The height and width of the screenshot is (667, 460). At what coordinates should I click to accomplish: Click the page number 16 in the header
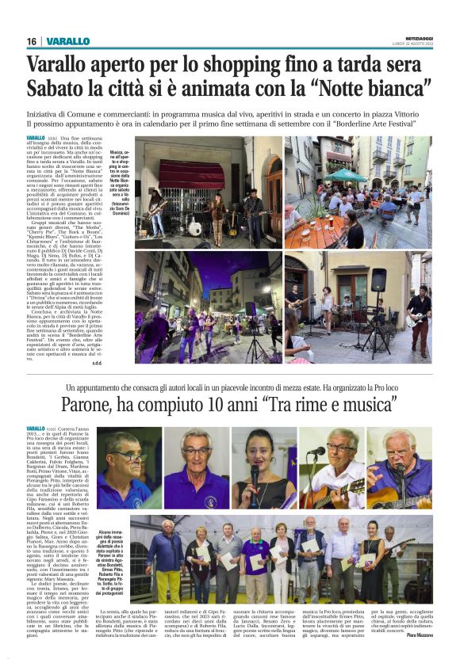(x=32, y=41)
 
